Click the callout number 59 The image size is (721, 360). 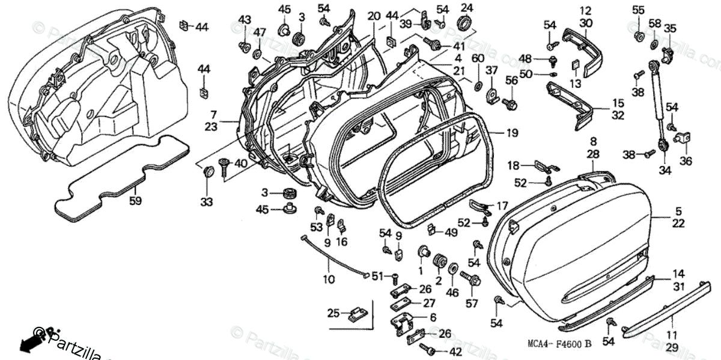pos(136,201)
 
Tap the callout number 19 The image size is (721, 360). pos(512,133)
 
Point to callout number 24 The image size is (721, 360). pos(467,8)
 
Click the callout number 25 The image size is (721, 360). pos(333,313)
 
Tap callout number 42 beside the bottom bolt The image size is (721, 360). pos(455,352)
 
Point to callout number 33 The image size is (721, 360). pos(207,202)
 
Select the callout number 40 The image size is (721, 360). pos(240,163)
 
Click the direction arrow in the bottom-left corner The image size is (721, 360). pos(28,343)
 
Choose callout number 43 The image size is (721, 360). pos(244,20)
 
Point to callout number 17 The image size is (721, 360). pos(502,206)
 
